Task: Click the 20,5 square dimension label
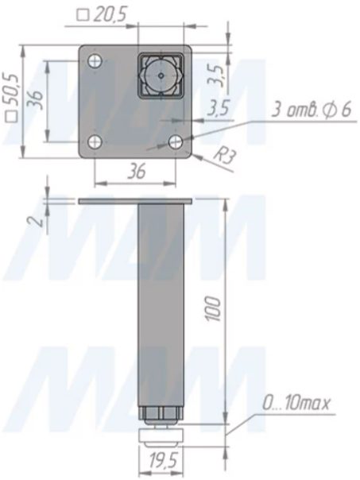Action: [103, 14]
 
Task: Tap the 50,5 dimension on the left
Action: [12, 99]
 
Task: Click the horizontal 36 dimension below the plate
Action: [137, 172]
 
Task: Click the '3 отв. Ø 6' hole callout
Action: [311, 110]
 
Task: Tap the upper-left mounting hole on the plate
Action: [95, 61]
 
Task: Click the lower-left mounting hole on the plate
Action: [95, 141]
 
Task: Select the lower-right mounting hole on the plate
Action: [176, 141]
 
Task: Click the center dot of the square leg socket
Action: [161, 75]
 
